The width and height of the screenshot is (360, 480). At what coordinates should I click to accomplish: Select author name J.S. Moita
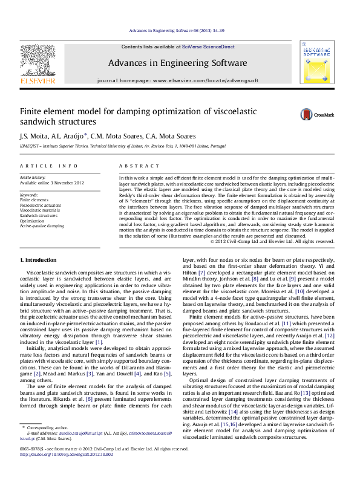[x=35, y=136]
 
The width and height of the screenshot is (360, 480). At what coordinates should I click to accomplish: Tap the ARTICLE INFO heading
[x=49, y=166]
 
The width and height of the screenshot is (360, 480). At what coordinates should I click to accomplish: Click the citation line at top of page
[x=180, y=30]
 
